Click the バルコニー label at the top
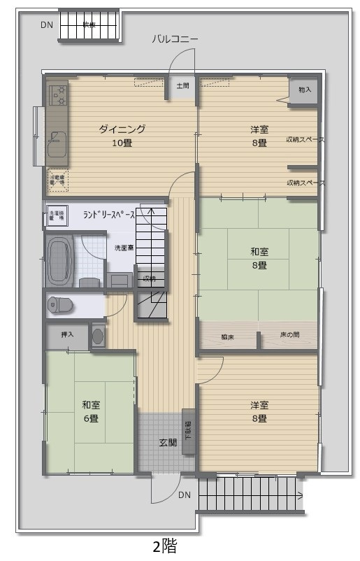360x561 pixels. [175, 39]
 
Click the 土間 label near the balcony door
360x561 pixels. [182, 86]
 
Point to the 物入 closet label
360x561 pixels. [304, 90]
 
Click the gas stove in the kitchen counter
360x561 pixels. [57, 94]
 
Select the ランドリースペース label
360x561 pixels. [108, 215]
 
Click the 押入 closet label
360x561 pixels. [68, 335]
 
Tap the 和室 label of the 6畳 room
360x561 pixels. [89, 405]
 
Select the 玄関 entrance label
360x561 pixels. [167, 442]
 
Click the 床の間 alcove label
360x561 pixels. [290, 335]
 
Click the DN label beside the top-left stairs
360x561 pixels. [46, 24]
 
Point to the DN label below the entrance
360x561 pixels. [184, 495]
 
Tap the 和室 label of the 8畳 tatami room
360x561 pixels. [259, 252]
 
